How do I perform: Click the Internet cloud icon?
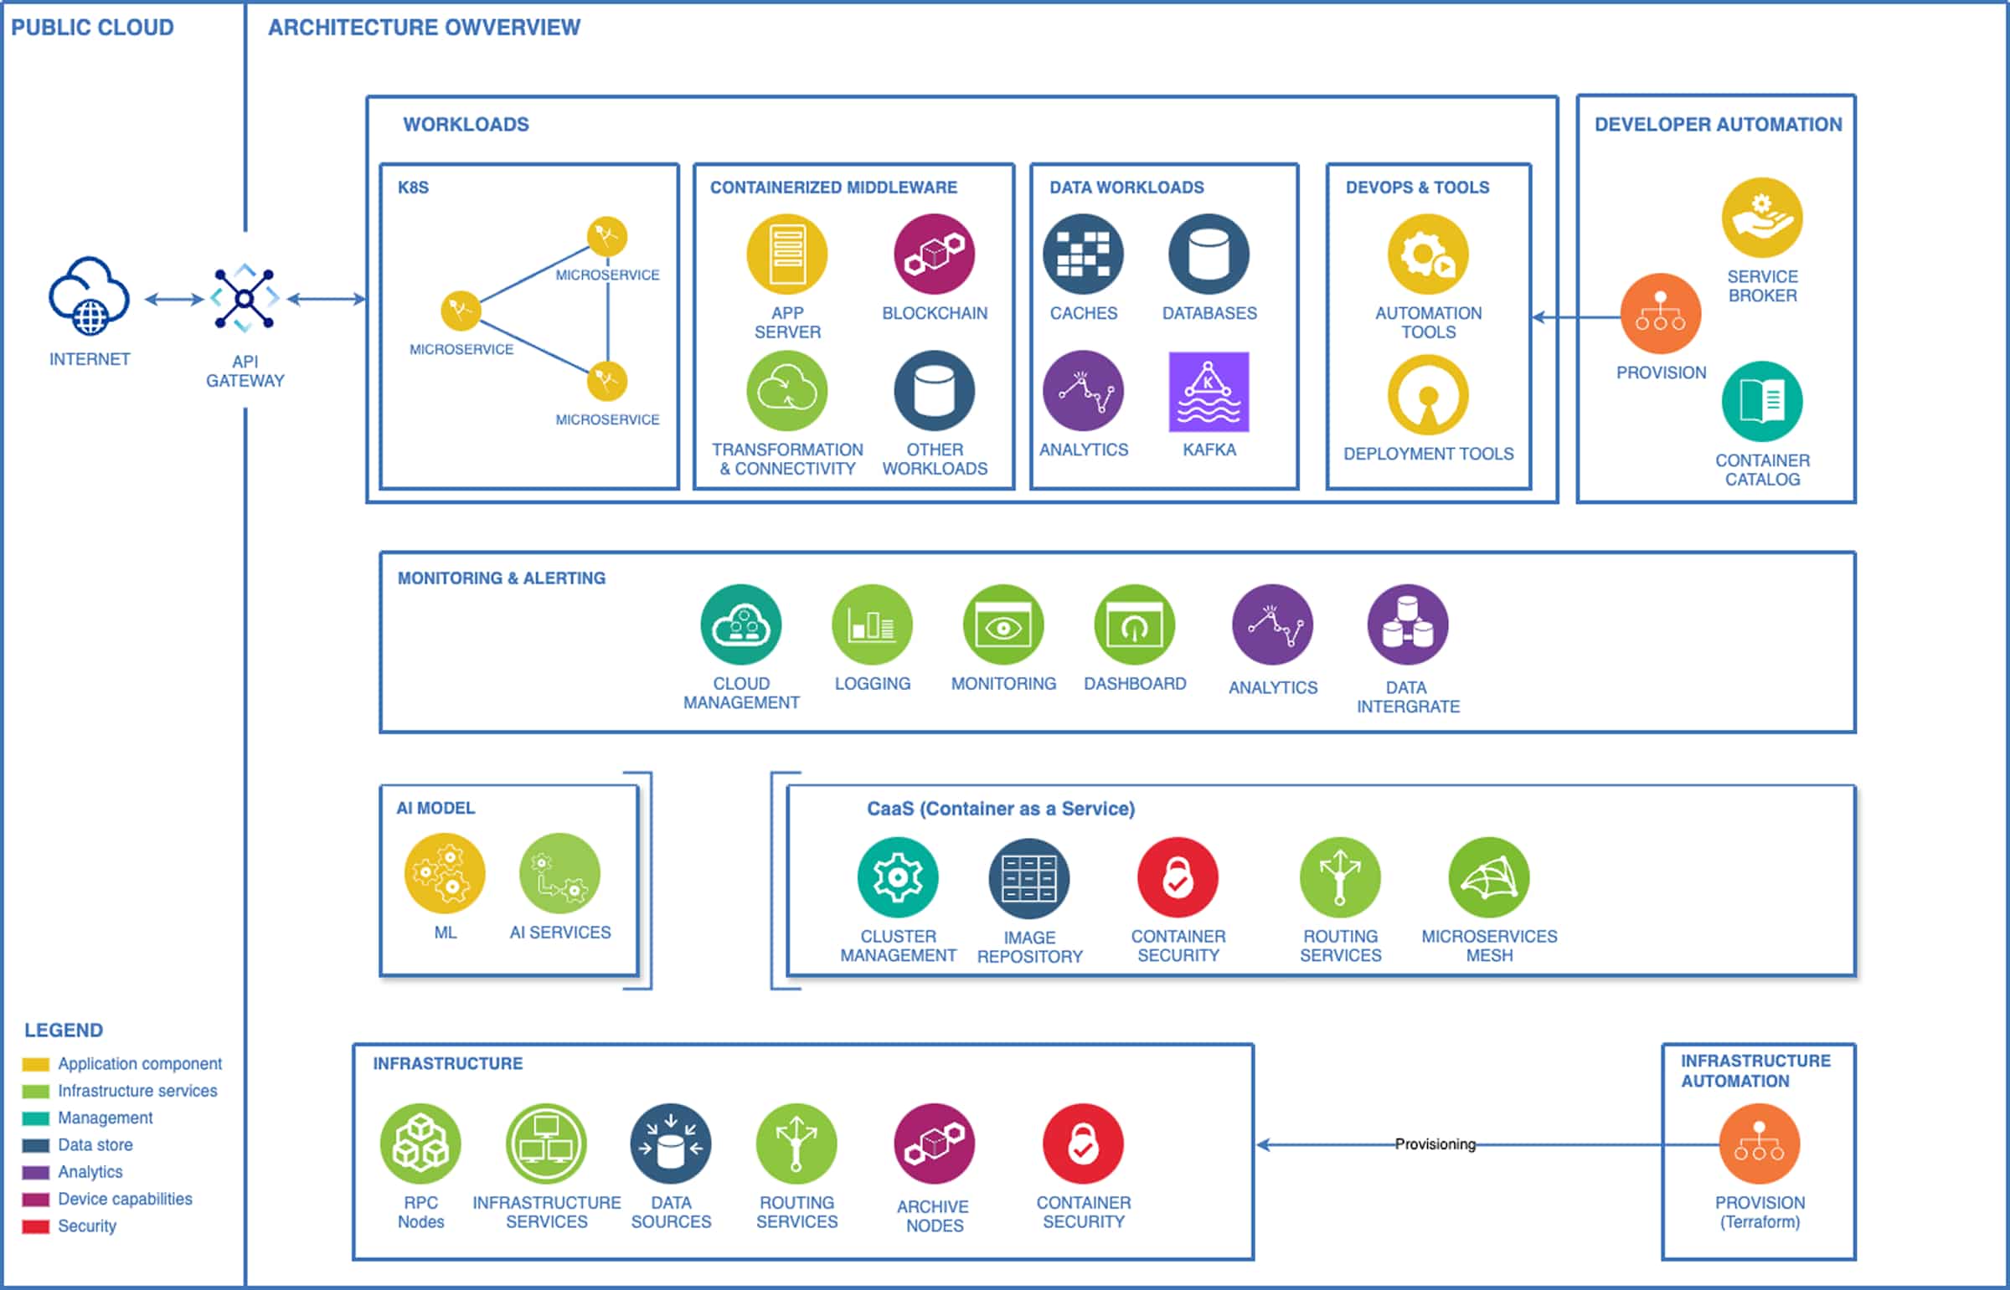(x=89, y=295)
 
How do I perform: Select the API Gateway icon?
(x=244, y=298)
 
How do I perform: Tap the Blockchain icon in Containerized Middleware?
(x=934, y=254)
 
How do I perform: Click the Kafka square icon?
(x=1209, y=392)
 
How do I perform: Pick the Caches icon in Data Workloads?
(x=1083, y=254)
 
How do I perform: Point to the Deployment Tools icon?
(x=1428, y=394)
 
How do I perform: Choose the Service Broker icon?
(x=1761, y=218)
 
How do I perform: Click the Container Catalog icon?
(x=1761, y=401)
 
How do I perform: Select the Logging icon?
(x=871, y=624)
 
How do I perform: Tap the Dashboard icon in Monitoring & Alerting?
(x=1135, y=624)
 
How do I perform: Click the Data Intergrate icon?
(x=1408, y=624)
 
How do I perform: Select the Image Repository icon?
(x=1029, y=878)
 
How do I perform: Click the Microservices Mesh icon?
(x=1489, y=877)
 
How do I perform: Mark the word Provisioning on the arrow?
(x=1435, y=1144)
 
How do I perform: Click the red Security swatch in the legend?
(x=35, y=1227)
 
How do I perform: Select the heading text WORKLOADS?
(x=466, y=125)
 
